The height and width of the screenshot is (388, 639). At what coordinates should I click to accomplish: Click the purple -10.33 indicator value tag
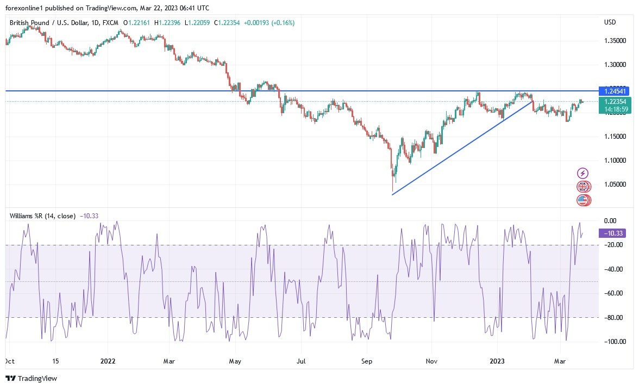pos(611,233)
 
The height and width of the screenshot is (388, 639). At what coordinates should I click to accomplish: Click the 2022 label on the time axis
pos(108,361)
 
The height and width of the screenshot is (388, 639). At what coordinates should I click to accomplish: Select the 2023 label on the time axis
pos(497,361)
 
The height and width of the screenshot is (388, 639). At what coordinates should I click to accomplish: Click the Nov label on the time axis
pos(431,361)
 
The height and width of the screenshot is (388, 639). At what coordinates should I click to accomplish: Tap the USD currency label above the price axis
pos(610,22)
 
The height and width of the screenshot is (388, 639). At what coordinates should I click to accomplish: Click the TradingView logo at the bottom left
pos(31,378)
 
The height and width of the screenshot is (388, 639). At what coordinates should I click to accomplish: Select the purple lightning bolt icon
pos(583,173)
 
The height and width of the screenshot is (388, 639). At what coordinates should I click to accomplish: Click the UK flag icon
pos(583,187)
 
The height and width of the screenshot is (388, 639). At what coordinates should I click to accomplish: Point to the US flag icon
pos(583,200)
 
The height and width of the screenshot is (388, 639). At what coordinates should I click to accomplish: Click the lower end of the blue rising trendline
pos(392,194)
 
